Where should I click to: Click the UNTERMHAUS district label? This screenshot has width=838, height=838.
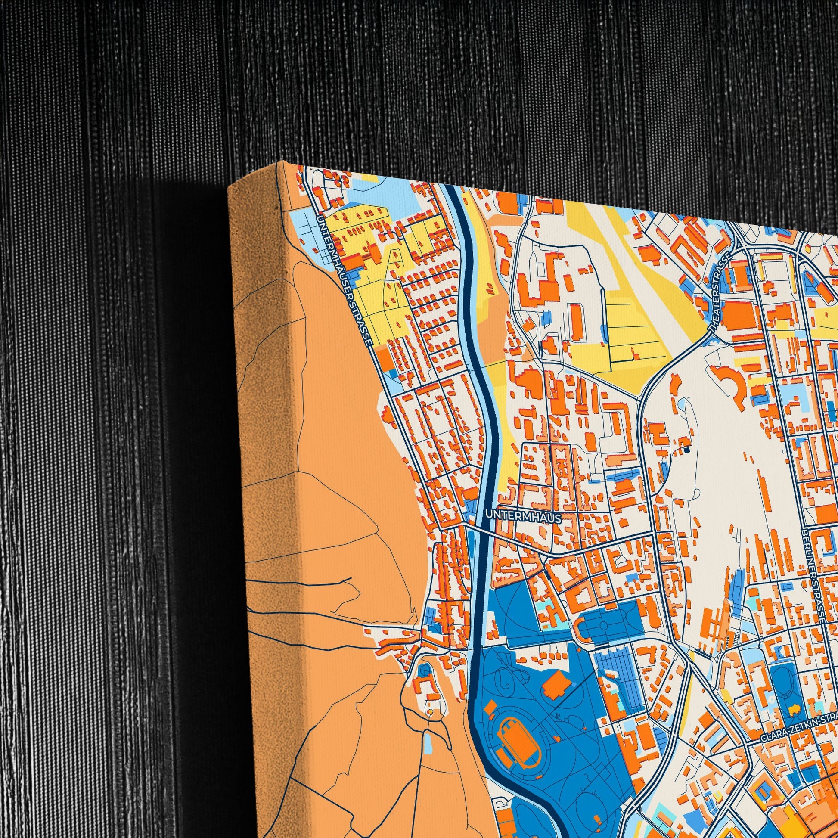[524, 517]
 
